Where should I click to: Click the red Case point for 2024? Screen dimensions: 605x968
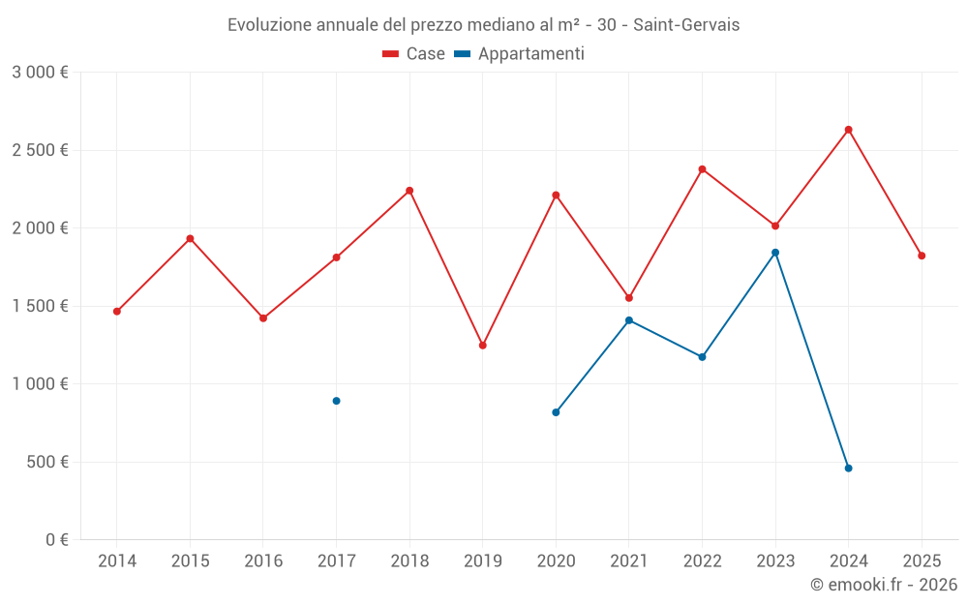848,130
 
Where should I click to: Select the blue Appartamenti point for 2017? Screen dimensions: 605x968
336,401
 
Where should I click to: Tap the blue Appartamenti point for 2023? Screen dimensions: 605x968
775,253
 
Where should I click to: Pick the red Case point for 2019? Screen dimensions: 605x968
482,346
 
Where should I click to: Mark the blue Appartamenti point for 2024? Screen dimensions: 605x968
848,469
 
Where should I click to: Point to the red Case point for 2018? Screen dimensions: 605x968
409,191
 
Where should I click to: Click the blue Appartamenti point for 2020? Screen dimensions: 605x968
556,412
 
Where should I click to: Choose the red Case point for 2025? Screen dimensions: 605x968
922,256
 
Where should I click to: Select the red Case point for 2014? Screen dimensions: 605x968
117,312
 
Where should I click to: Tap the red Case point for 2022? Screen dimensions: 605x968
702,169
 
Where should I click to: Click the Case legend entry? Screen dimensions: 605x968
414,54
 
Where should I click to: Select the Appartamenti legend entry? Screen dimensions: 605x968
520,54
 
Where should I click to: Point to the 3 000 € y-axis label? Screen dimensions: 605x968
40,73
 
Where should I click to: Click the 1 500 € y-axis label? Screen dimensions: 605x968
40,306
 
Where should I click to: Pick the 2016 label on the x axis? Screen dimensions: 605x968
263,561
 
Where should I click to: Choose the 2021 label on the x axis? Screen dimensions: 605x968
629,561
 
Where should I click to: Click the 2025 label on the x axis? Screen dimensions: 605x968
922,561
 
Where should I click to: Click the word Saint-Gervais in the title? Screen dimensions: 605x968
686,25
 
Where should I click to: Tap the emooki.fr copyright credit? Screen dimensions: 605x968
883,585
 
